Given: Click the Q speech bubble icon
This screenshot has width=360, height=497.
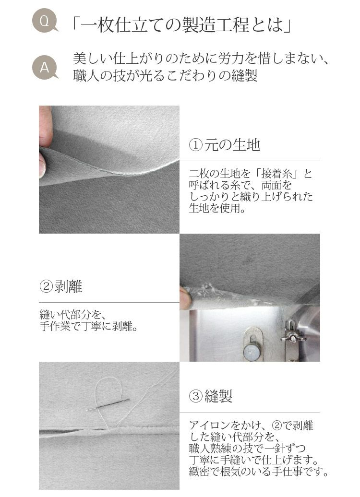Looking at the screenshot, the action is click(45, 21).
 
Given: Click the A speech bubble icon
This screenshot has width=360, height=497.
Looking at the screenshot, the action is click(45, 68).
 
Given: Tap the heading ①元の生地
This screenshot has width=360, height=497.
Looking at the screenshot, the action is click(225, 145).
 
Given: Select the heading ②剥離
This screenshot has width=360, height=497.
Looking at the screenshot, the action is click(61, 286).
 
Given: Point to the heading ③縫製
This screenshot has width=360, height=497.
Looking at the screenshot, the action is click(211, 396).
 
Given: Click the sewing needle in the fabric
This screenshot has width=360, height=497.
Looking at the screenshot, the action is click(108, 405).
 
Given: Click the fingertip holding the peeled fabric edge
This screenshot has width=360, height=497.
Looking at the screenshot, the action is click(185, 297).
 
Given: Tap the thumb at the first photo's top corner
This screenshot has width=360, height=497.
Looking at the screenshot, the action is click(46, 126).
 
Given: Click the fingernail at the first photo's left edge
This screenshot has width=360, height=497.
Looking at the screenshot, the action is click(42, 165).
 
